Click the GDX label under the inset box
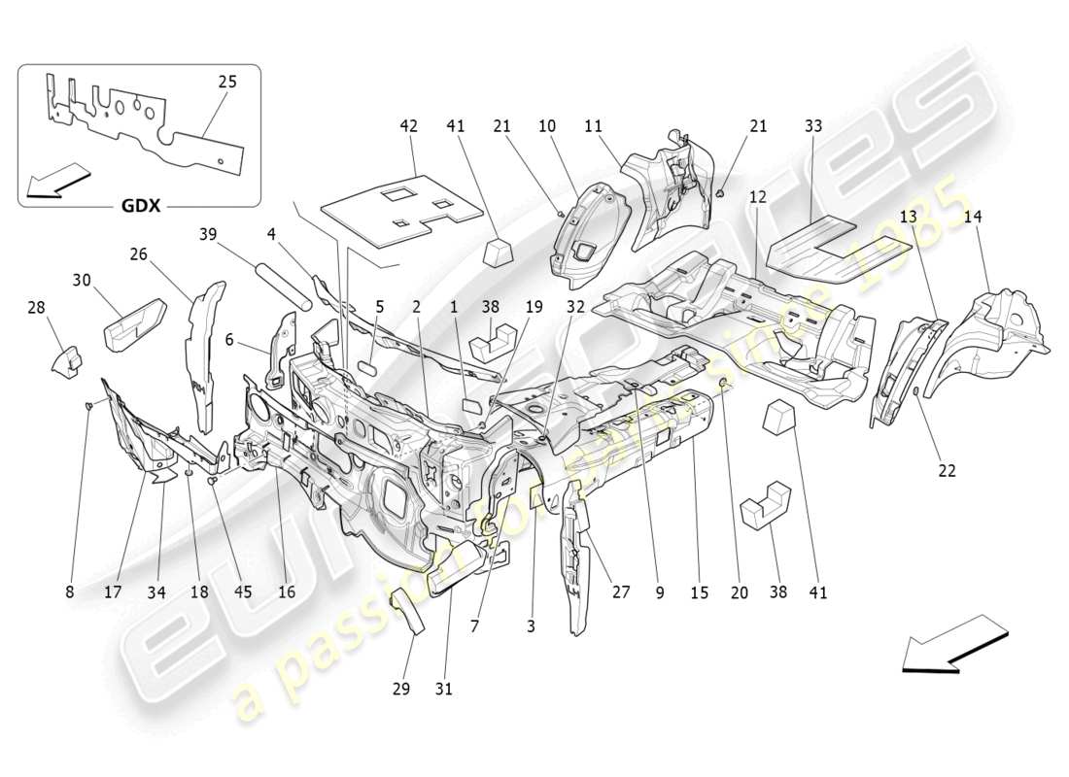click(x=141, y=206)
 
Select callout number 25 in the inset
click(x=226, y=82)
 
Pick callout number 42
click(x=408, y=125)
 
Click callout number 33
click(x=813, y=125)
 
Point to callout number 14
click(x=973, y=218)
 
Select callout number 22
click(x=947, y=470)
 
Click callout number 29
click(x=401, y=688)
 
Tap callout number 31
click(x=444, y=688)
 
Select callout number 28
click(x=36, y=308)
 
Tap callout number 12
click(x=757, y=196)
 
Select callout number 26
click(x=138, y=254)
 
